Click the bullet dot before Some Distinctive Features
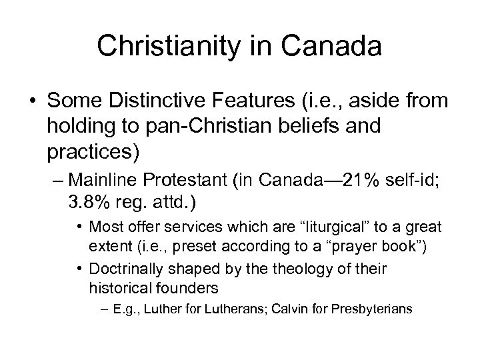tap(33, 101)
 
